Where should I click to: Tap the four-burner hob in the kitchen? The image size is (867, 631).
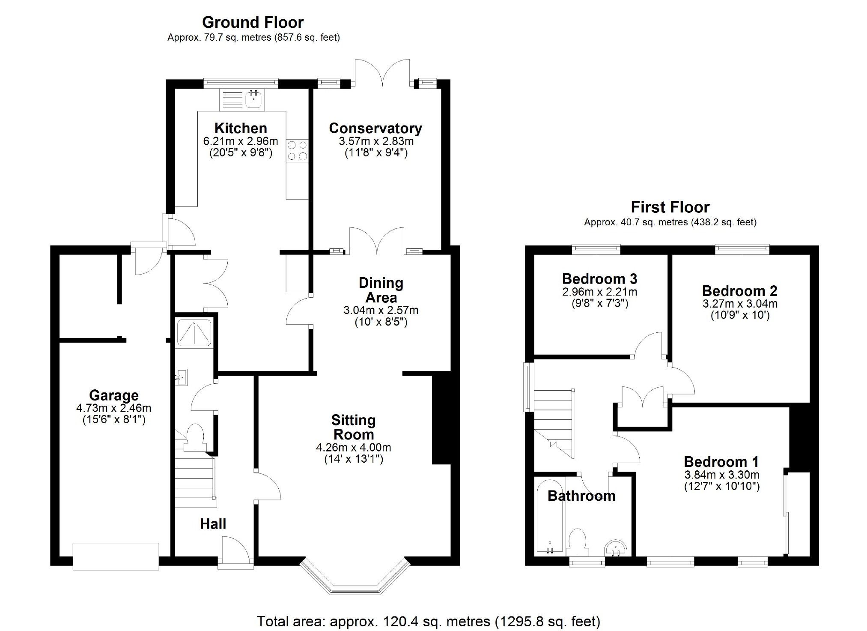point(297,151)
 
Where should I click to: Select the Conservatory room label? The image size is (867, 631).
point(375,128)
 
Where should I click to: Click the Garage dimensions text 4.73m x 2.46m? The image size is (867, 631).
point(113,408)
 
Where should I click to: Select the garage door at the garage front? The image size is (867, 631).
point(116,556)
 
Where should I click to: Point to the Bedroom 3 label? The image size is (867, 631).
point(599,279)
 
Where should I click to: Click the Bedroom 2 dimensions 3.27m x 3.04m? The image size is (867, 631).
point(740,304)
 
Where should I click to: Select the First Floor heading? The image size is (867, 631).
point(670,207)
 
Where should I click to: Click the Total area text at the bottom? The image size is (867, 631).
point(428,621)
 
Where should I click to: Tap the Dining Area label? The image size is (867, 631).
point(381,290)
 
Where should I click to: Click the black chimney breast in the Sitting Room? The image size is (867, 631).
point(441,420)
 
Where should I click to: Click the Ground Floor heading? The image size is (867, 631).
point(253,22)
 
